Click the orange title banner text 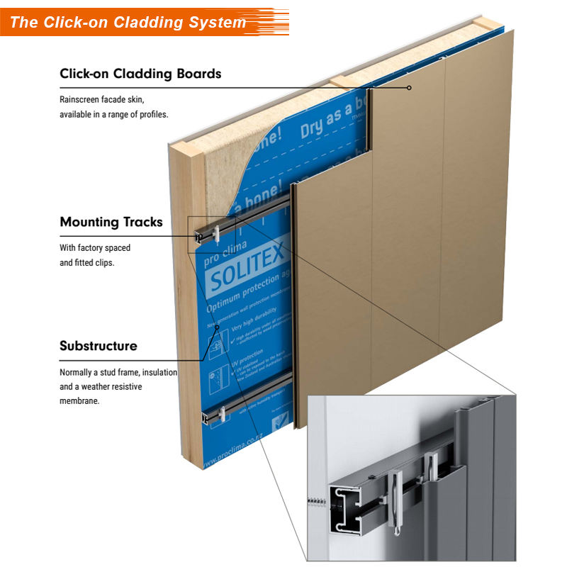pyautogui.click(x=128, y=22)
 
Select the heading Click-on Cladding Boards pyautogui.click(x=140, y=74)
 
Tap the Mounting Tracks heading pyautogui.click(x=111, y=222)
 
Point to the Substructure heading pyautogui.click(x=99, y=347)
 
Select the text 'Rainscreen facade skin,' pyautogui.click(x=106, y=99)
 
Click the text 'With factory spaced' pyautogui.click(x=95, y=248)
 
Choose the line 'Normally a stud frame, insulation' pyautogui.click(x=118, y=372)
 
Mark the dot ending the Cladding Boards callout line pyautogui.click(x=409, y=88)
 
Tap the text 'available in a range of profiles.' pyautogui.click(x=114, y=114)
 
